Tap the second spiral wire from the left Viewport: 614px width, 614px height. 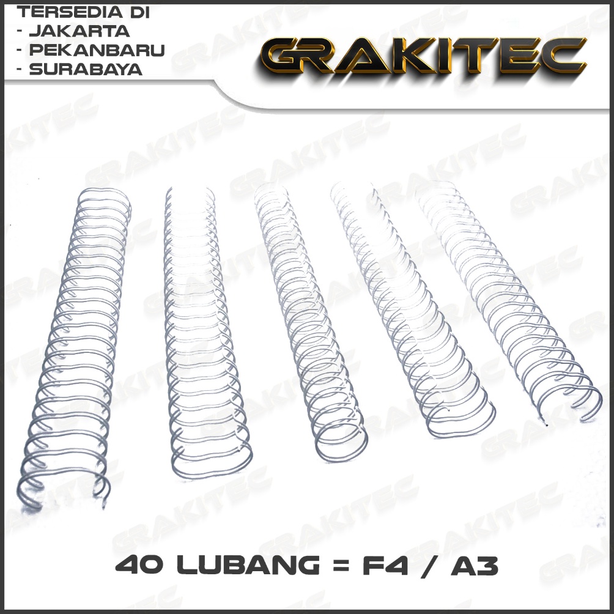pos(202,330)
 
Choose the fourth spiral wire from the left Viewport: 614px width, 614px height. pos(410,306)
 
